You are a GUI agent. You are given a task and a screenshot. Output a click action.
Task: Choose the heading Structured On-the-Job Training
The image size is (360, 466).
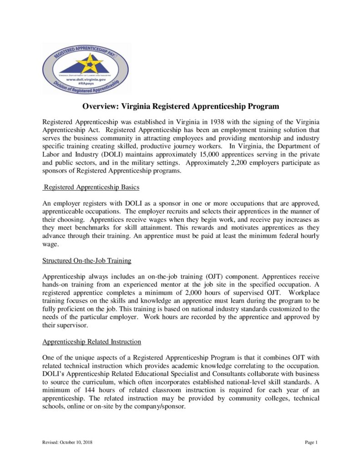[x=87, y=261]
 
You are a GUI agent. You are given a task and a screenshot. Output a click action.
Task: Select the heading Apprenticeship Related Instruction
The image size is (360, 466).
[x=91, y=341]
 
